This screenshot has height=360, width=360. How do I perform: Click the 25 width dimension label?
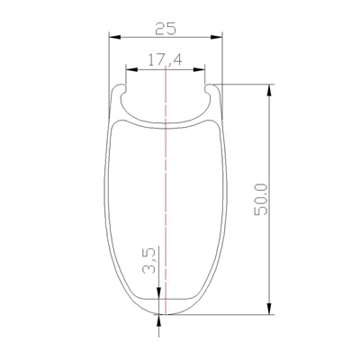(166, 29)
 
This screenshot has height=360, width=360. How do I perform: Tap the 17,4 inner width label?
(165, 60)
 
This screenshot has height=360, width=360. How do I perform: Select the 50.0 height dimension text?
(261, 200)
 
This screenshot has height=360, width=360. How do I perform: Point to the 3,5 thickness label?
(149, 260)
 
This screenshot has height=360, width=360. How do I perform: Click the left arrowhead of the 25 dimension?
(114, 37)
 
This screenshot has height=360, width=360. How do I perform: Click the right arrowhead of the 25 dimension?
(216, 37)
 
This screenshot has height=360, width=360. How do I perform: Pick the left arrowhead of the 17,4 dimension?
(131, 69)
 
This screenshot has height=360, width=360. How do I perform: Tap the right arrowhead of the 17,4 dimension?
(199, 69)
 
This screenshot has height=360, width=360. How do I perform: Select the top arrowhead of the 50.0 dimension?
(270, 90)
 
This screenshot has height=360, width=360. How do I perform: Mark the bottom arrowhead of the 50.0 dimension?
(270, 309)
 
